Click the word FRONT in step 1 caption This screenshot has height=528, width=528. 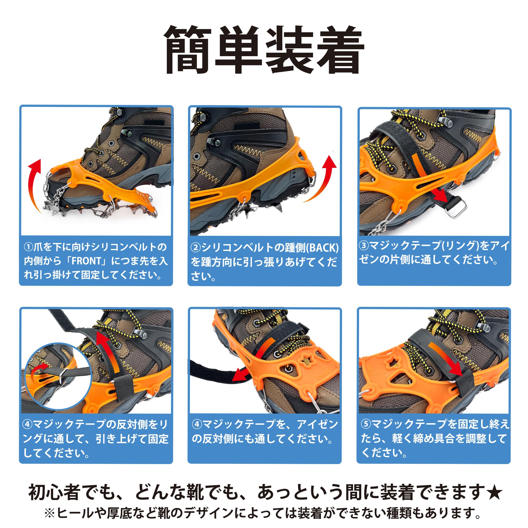coord(86,261)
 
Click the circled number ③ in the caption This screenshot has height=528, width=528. coord(364,246)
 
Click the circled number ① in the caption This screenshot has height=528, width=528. coord(29,247)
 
